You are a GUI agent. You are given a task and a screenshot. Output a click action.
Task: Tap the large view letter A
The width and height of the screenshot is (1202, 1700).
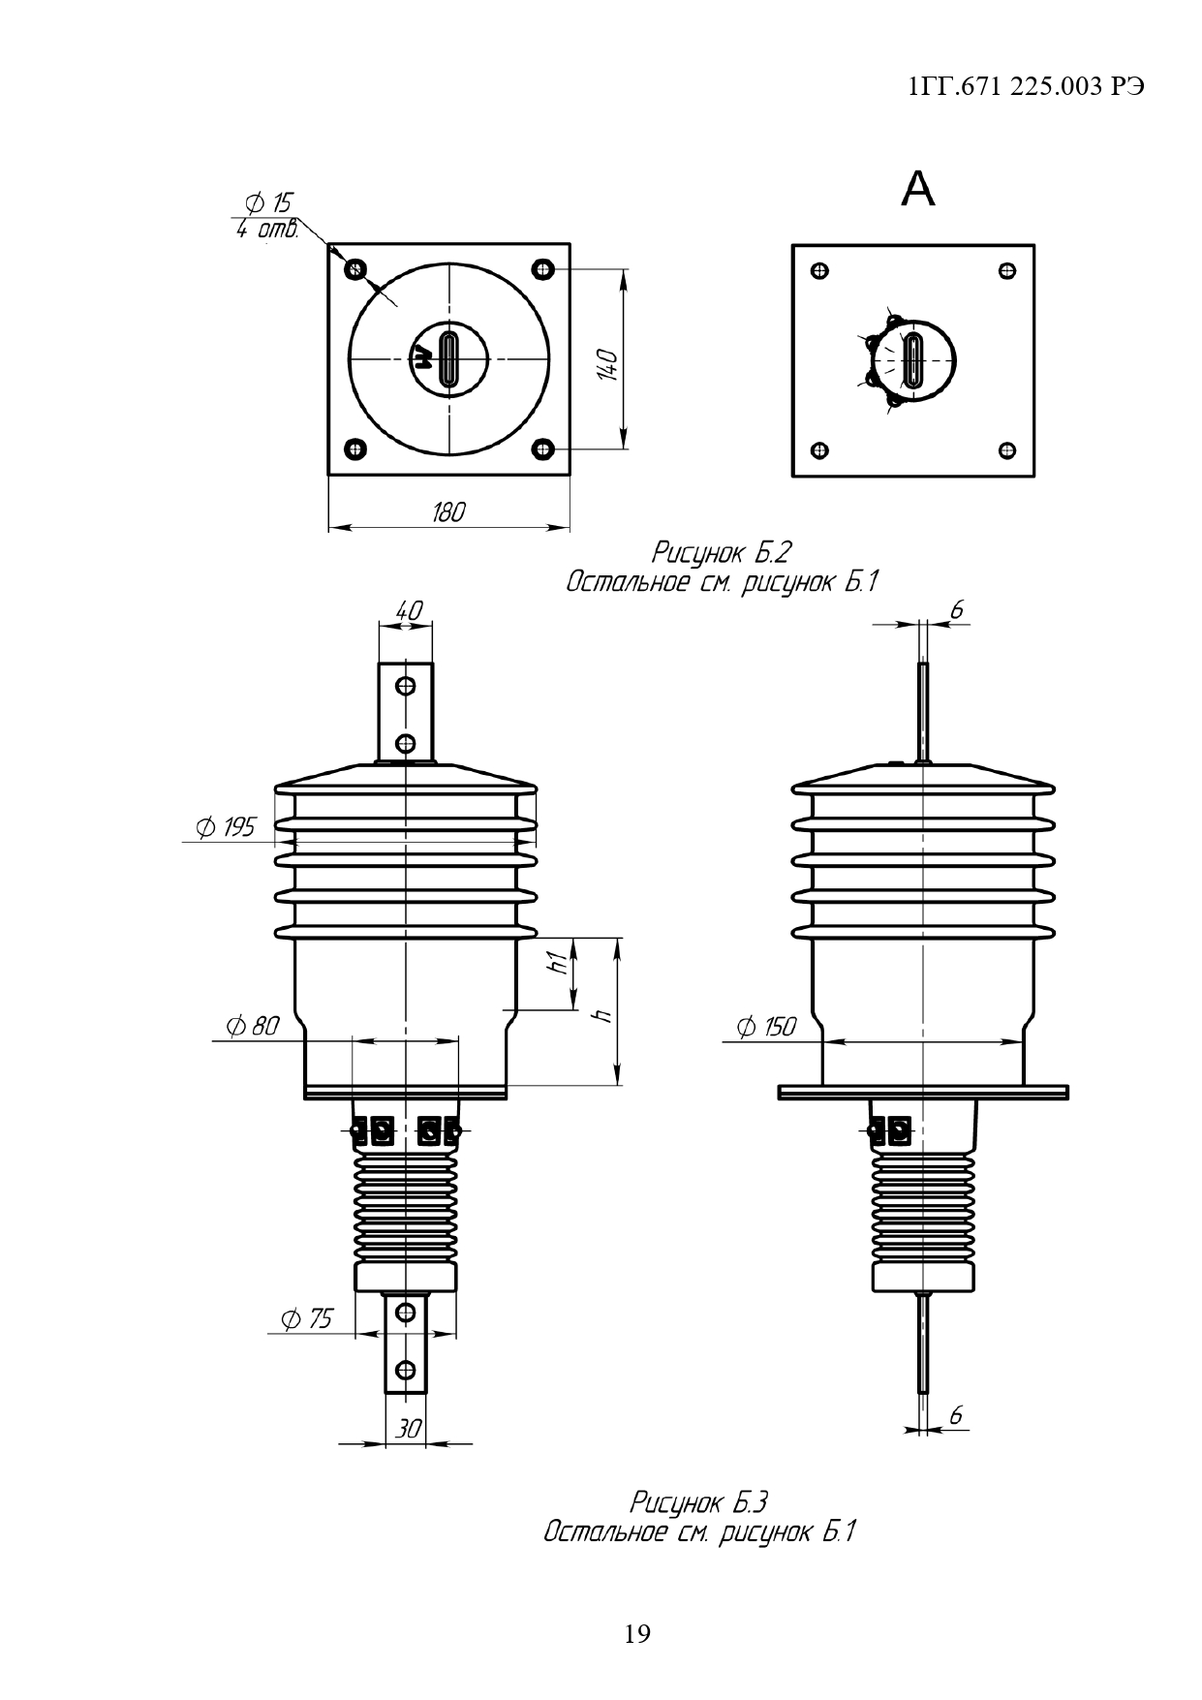917,190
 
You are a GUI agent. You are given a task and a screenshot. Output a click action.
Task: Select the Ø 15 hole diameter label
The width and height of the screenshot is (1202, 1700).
268,203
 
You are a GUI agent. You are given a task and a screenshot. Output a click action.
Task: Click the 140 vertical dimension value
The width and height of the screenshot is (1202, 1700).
607,364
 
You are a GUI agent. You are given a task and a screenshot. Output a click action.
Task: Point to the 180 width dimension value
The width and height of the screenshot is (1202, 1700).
447,512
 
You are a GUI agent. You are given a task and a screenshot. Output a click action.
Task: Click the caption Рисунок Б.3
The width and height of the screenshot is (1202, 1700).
698,1502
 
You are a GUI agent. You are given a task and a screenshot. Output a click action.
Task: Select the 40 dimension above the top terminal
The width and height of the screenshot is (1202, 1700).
409,611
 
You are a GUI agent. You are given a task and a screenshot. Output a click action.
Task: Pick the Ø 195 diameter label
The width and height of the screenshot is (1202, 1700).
225,827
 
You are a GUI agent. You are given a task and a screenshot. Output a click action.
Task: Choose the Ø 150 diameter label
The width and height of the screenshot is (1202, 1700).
766,1027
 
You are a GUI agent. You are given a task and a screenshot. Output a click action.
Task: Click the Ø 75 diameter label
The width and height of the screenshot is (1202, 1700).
306,1318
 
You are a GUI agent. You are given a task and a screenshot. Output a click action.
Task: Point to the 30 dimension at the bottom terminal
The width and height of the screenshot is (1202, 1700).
409,1429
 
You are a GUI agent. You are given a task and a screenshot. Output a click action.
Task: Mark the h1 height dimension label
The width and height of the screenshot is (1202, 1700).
556,962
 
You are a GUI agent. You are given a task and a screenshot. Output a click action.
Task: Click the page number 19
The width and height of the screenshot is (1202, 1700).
637,1634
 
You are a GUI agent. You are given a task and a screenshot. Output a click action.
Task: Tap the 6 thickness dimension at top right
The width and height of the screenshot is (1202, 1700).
957,610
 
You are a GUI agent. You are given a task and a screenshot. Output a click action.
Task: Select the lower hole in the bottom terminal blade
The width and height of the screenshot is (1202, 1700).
406,1370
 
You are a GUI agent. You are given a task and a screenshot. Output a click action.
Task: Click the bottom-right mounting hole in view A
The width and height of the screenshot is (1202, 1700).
1007,450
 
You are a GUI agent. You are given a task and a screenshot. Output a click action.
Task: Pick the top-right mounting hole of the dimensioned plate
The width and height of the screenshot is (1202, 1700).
542,268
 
